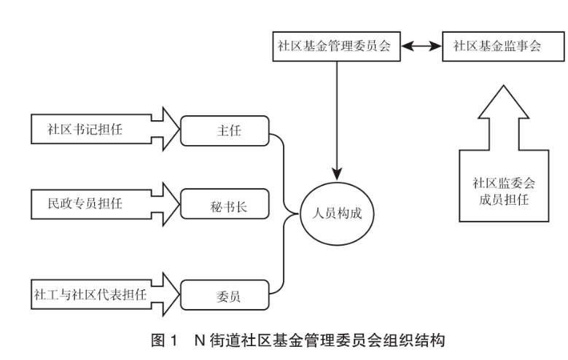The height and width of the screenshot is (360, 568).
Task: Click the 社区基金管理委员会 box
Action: [337, 47]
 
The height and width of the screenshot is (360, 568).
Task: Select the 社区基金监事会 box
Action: [503, 47]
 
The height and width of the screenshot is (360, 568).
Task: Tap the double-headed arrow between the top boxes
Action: [421, 46]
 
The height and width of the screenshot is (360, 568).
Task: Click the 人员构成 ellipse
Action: [337, 214]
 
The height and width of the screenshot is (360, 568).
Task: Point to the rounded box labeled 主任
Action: [225, 130]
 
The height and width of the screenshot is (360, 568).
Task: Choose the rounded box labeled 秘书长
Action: [225, 204]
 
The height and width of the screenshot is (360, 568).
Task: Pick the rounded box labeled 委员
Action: [225, 295]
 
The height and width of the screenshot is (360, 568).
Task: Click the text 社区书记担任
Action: [85, 129]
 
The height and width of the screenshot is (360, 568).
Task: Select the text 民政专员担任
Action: [85, 203]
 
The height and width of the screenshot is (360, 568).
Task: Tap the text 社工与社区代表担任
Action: [90, 294]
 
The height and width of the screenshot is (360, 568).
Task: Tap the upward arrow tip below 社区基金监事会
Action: [503, 86]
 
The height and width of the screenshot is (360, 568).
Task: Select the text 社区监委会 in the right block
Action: [504, 183]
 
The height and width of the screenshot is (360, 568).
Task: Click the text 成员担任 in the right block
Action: [504, 200]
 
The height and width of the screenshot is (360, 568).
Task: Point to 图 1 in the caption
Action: [165, 340]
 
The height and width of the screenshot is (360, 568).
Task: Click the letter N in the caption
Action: [200, 340]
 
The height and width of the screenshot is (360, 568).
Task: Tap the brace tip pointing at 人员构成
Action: [298, 214]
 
